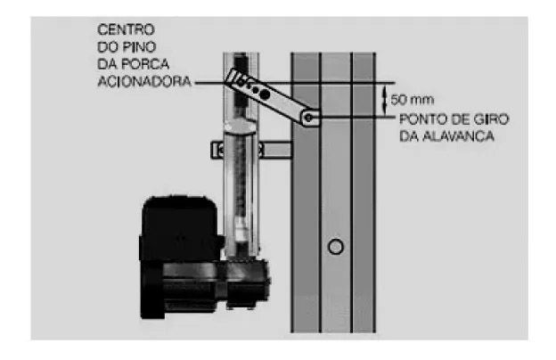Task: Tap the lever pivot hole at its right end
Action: [308, 116]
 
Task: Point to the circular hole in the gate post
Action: [335, 246]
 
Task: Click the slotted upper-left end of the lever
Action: [238, 79]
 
